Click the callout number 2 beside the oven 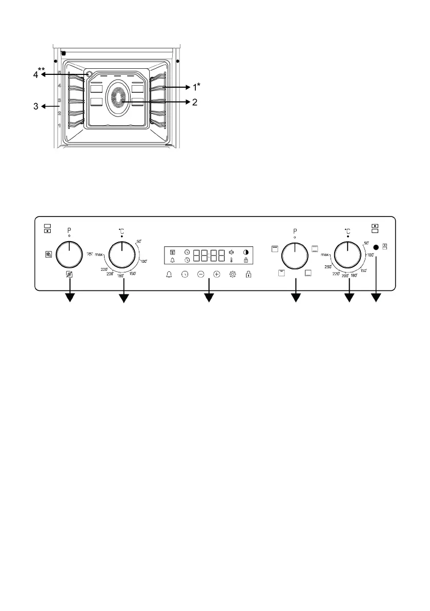pos(194,102)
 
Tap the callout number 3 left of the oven pos(36,107)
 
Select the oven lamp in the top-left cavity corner pos(90,74)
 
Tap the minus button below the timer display pos(201,275)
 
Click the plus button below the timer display pos(217,275)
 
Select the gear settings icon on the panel pos(233,275)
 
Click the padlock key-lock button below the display pos(248,275)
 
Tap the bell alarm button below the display pos(170,275)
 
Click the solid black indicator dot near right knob pos(376,247)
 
